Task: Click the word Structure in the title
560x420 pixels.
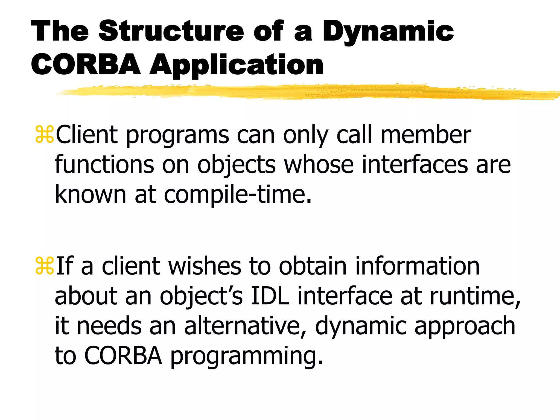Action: pos(171,31)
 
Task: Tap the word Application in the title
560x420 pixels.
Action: pos(236,65)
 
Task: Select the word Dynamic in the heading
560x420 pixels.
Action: pos(388,32)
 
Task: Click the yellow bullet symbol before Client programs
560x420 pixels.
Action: pos(45,135)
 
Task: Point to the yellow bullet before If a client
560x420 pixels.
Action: pos(45,266)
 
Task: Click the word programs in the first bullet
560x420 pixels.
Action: pos(177,136)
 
